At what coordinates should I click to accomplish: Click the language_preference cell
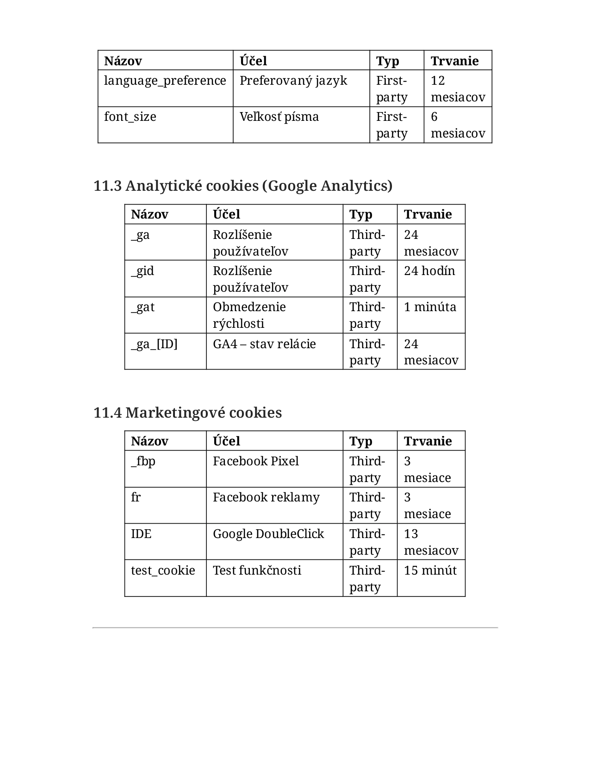pyautogui.click(x=165, y=81)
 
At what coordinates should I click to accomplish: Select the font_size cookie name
pyautogui.click(x=130, y=117)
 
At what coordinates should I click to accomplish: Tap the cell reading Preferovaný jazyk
pyautogui.click(x=293, y=81)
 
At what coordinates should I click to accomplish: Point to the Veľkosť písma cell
pyautogui.click(x=279, y=117)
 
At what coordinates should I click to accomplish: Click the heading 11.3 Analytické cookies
pyautogui.click(x=243, y=186)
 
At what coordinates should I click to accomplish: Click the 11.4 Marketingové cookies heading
pyautogui.click(x=187, y=413)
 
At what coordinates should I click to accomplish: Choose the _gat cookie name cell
pyautogui.click(x=143, y=307)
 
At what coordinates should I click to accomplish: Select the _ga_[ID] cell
pyautogui.click(x=154, y=344)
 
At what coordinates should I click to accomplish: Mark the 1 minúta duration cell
pyautogui.click(x=430, y=307)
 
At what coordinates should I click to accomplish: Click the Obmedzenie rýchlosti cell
pyautogui.click(x=249, y=315)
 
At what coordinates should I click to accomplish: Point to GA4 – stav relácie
pyautogui.click(x=264, y=344)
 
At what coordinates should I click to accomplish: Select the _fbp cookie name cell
pyautogui.click(x=143, y=461)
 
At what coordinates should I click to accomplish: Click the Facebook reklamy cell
pyautogui.click(x=266, y=497)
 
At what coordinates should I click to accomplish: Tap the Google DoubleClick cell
pyautogui.click(x=268, y=534)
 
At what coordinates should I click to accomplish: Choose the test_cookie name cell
pyautogui.click(x=163, y=570)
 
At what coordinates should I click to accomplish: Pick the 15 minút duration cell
pyautogui.click(x=430, y=570)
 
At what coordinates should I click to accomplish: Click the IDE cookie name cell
pyautogui.click(x=141, y=534)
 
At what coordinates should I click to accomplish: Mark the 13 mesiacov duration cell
pyautogui.click(x=431, y=542)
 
